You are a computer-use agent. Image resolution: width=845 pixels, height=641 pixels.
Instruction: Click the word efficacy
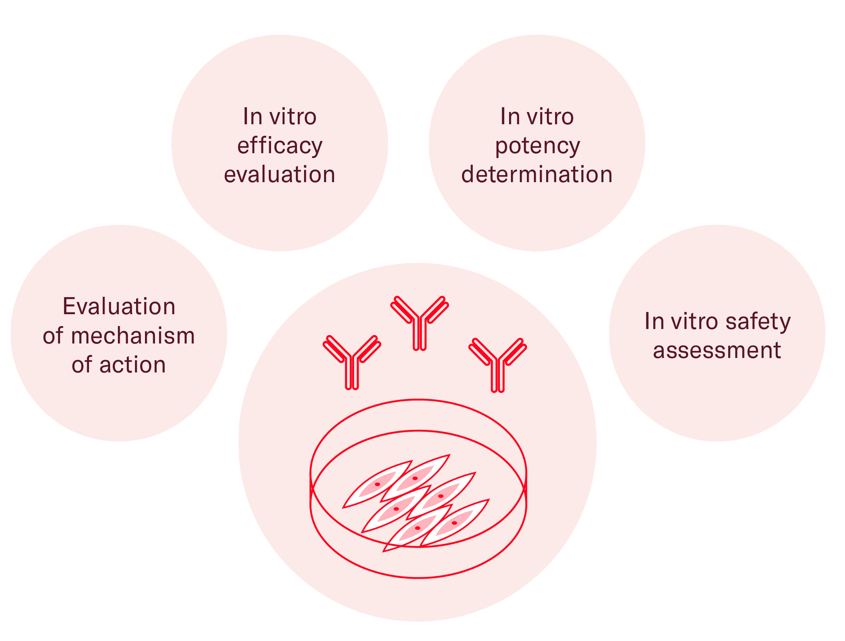point(280,146)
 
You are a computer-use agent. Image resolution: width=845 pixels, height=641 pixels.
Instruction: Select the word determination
point(537,174)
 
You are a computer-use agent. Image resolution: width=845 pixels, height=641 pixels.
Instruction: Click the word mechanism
point(133,336)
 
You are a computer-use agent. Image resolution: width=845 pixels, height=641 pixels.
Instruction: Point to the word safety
point(758,322)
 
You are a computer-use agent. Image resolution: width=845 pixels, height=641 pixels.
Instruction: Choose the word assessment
point(717,350)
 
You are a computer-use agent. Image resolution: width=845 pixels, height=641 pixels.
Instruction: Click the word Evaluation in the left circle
point(119,306)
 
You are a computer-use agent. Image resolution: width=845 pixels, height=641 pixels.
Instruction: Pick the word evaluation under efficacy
point(280,174)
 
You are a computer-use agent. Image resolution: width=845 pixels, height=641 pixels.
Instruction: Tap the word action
point(133,364)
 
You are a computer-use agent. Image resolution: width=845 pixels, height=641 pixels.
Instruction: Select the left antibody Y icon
point(352,362)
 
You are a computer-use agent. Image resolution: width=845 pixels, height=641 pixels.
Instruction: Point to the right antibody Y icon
point(498,364)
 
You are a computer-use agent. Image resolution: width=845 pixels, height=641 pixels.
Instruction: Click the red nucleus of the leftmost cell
point(377,484)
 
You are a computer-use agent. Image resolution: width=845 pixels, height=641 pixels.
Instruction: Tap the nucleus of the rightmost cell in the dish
point(454,523)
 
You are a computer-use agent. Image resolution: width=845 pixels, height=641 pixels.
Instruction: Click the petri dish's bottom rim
point(418,577)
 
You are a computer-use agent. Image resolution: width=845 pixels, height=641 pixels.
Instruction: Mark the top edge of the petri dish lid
point(418,400)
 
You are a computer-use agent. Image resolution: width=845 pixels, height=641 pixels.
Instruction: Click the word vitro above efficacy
point(292,117)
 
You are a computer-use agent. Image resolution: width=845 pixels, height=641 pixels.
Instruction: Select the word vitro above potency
point(550,117)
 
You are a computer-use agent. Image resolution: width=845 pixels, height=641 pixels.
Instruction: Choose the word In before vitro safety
point(654,321)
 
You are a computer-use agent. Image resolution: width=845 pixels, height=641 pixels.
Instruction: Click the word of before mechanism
point(53,336)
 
